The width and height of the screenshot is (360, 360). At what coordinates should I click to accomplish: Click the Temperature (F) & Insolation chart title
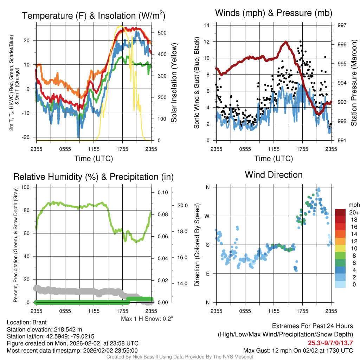pyautogui.click(x=94, y=15)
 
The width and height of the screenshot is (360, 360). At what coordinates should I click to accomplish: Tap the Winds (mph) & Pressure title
pyautogui.click(x=274, y=13)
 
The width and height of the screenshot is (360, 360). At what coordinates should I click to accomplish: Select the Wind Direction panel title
pyautogui.click(x=274, y=175)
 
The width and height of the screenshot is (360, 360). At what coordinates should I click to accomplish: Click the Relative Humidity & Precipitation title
pyautogui.click(x=94, y=177)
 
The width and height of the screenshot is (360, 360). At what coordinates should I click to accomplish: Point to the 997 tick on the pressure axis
pyautogui.click(x=342, y=25)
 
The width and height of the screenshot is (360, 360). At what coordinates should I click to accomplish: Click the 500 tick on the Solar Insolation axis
pyautogui.click(x=162, y=33)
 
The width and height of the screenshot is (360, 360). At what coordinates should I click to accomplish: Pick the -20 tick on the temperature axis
pyautogui.click(x=26, y=137)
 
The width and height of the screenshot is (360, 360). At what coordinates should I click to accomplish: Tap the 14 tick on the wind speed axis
pyautogui.click(x=207, y=25)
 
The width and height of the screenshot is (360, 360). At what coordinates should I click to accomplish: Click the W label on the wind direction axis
pyautogui.click(x=207, y=216)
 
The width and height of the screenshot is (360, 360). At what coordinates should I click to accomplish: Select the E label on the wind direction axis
pyautogui.click(x=208, y=274)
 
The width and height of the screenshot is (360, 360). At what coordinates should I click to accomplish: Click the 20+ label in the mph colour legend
pyautogui.click(x=354, y=212)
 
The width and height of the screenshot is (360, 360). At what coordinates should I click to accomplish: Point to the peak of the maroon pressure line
pyautogui.click(x=286, y=42)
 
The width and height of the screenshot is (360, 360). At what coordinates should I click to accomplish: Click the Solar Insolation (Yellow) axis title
pyautogui.click(x=174, y=83)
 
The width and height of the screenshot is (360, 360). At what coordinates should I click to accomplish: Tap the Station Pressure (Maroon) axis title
pyautogui.click(x=354, y=83)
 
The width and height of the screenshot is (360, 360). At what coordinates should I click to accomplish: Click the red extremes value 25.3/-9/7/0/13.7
pyautogui.click(x=330, y=343)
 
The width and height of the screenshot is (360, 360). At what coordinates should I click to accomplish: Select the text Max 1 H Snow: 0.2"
pyautogui.click(x=147, y=319)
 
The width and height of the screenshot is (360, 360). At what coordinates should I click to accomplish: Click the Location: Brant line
pyautogui.click(x=27, y=322)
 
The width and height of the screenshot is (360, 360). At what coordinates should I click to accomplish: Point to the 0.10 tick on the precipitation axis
pyautogui.click(x=163, y=192)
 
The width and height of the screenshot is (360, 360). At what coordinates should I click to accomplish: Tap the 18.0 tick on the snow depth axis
pyautogui.click(x=182, y=231)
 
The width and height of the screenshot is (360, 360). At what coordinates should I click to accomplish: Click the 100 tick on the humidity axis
pyautogui.click(x=25, y=187)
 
